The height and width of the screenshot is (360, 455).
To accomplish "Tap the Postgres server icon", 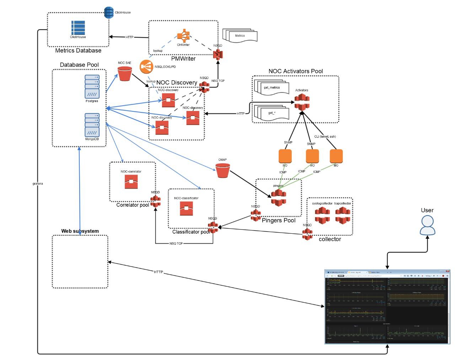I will [x=92, y=86].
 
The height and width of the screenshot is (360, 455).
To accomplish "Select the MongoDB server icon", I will [x=92, y=125].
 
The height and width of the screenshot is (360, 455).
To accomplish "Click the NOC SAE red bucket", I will [x=125, y=74].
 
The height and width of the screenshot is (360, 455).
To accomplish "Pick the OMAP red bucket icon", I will [x=223, y=170].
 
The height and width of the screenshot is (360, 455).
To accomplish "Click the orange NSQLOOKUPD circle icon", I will [x=146, y=67].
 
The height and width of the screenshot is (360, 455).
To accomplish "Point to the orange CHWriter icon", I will [x=183, y=36].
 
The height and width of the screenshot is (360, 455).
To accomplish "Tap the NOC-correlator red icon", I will [x=131, y=182].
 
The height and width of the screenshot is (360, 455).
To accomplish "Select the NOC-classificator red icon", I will [x=186, y=208].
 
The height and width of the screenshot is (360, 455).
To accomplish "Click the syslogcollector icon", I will [x=322, y=215].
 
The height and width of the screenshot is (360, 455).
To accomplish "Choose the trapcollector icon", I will [x=343, y=215].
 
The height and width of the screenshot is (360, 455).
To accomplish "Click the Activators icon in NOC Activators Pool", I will [x=302, y=102].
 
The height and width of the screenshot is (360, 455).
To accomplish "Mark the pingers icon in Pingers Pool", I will [x=278, y=197].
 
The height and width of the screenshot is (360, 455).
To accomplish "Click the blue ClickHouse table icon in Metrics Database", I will [x=78, y=28].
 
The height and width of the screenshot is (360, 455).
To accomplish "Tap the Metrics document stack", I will [x=241, y=36].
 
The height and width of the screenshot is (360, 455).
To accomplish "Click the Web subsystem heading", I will [x=80, y=231].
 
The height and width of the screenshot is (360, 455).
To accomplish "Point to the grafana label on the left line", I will [x=38, y=184].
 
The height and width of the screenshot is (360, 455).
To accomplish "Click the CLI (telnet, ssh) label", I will [x=325, y=137].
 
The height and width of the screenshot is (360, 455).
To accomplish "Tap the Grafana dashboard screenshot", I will [x=387, y=307].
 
